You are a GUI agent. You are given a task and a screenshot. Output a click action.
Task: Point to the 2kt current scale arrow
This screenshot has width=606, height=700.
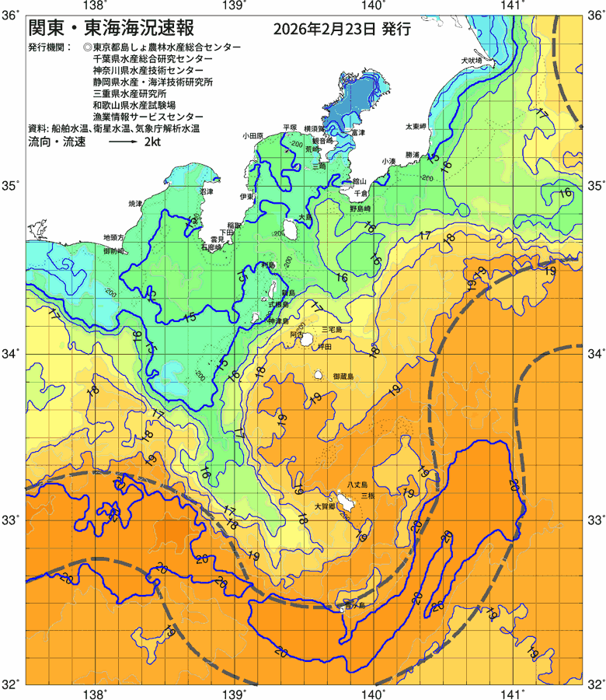click(123, 143)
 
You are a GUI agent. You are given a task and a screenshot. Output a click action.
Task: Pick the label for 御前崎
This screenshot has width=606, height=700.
click(113, 251)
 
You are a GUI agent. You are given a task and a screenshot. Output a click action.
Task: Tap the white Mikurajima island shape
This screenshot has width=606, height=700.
click(319, 376)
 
